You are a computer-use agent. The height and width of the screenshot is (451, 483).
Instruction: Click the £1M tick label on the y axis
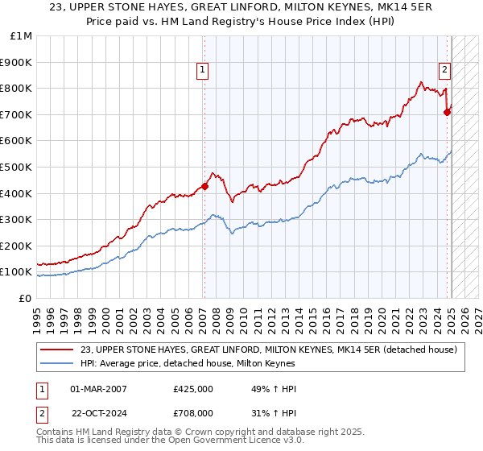(22, 36)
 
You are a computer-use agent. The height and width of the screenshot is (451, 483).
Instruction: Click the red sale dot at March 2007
(204, 187)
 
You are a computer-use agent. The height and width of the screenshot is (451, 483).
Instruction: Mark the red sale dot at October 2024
(448, 113)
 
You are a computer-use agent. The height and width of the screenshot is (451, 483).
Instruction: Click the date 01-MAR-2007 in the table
(99, 389)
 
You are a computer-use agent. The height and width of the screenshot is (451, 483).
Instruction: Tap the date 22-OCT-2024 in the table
(99, 415)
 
